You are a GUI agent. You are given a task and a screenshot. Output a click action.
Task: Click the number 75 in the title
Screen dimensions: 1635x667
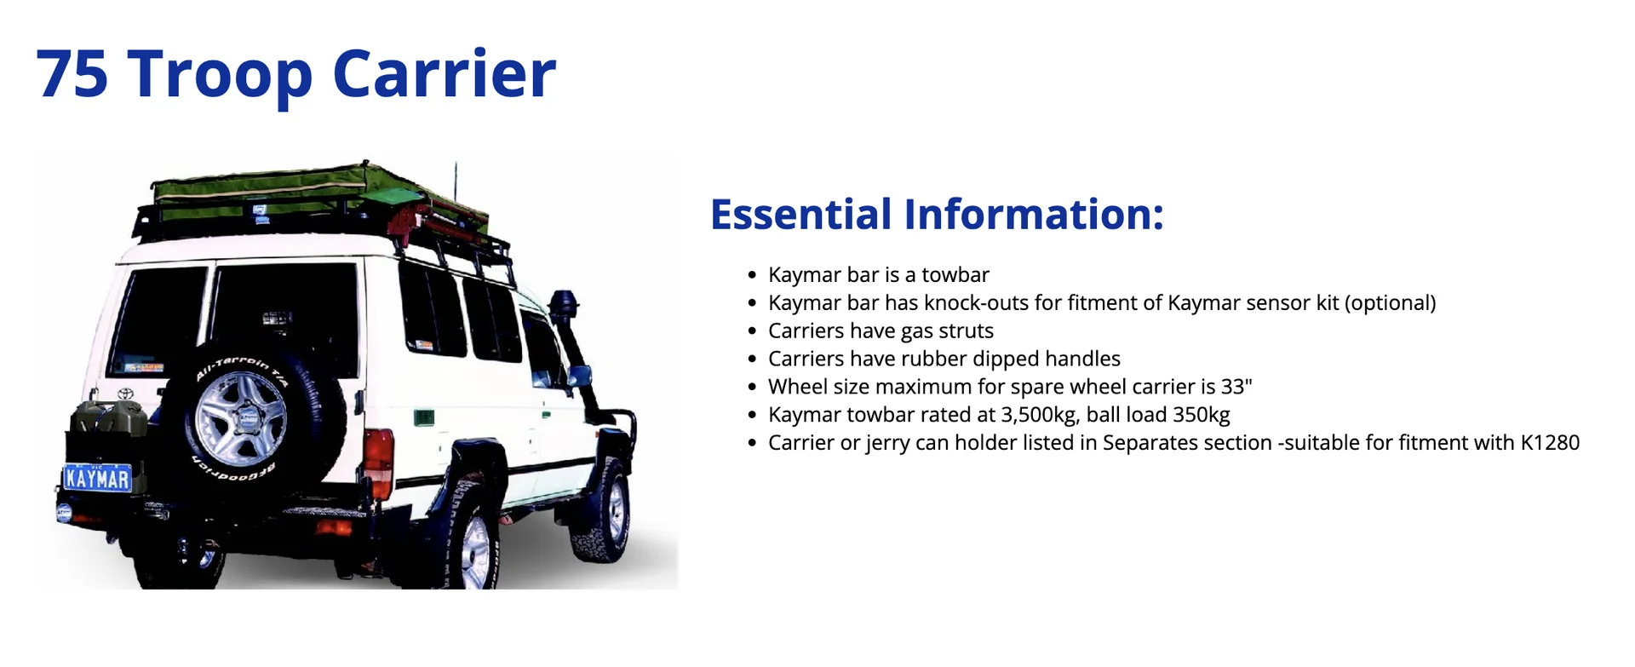pos(72,73)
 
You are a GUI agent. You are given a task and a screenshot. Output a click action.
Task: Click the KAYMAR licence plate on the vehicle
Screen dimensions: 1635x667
pos(98,478)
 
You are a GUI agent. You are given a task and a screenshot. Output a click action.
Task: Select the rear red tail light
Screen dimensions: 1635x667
pos(378,455)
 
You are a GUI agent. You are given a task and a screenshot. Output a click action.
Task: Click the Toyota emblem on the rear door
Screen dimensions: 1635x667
pos(125,394)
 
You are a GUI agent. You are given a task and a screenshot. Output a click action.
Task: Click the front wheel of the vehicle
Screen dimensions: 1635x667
pos(605,510)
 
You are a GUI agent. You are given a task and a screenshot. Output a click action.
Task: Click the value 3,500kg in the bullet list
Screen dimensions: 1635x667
pos(1036,415)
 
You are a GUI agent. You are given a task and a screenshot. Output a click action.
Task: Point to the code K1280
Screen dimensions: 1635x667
pos(1550,443)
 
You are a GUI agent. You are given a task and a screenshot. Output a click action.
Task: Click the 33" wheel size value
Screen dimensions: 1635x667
pos(1236,387)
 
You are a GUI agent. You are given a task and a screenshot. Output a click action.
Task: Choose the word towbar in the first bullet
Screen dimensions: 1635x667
pos(955,275)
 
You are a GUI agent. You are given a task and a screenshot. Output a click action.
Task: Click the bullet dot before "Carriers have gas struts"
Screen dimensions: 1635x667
pos(752,331)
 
